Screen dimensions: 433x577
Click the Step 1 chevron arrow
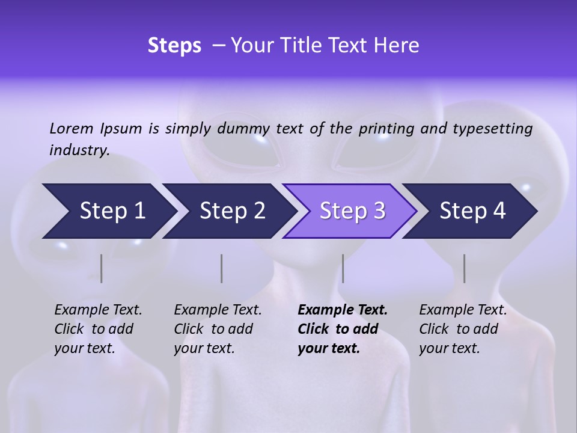pyautogui.click(x=111, y=211)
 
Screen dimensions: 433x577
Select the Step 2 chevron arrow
pyautogui.click(x=231, y=211)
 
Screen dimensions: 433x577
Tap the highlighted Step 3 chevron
pyautogui.click(x=352, y=211)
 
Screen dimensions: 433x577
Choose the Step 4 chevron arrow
pyautogui.click(x=472, y=211)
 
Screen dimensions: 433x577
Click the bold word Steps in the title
pyautogui.click(x=174, y=46)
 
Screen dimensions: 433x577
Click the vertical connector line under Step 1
pyautogui.click(x=101, y=268)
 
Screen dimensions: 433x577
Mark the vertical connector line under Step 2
pyautogui.click(x=221, y=268)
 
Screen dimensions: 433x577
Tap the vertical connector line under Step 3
pyautogui.click(x=343, y=268)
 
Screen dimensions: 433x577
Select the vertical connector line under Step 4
pyautogui.click(x=464, y=268)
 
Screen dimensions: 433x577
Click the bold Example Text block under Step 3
pyautogui.click(x=342, y=329)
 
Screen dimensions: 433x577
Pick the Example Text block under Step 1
pyautogui.click(x=98, y=329)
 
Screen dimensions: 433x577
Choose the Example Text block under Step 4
pyautogui.click(x=462, y=329)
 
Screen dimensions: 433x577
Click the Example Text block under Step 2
pyautogui.click(x=218, y=329)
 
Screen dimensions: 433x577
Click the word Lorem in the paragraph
pyautogui.click(x=72, y=129)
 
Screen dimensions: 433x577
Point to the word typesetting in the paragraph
pyautogui.click(x=492, y=129)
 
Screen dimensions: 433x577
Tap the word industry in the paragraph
pyautogui.click(x=79, y=150)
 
